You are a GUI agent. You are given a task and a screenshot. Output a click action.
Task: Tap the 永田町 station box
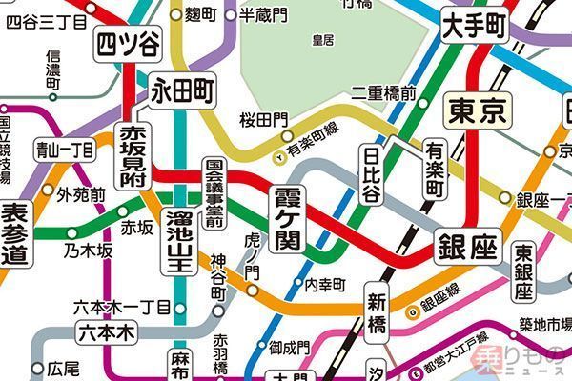(183, 92)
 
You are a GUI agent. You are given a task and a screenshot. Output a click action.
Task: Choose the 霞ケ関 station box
(287, 218)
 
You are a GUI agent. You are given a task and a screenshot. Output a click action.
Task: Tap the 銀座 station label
(468, 247)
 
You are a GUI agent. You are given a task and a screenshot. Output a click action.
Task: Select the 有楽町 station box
(435, 168)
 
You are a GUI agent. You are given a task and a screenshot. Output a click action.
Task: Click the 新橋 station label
(378, 313)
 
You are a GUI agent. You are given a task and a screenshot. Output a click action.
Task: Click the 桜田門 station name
(263, 119)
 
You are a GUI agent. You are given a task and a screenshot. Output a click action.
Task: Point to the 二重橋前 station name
(383, 92)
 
